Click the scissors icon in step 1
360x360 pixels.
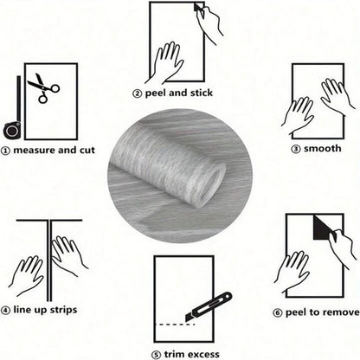click(43, 88)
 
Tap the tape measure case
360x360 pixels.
click(12, 130)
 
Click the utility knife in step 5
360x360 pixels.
click(209, 306)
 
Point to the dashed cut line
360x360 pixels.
click(176, 325)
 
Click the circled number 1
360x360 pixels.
click(5, 151)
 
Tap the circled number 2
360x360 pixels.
click(137, 93)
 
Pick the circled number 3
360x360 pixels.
click(296, 149)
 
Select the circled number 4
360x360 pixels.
click(5, 311)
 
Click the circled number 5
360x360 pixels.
click(156, 355)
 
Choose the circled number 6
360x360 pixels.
click(278, 313)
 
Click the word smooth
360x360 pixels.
click(323, 149)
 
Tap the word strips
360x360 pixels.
click(63, 311)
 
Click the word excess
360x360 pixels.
click(202, 355)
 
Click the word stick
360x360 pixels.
click(202, 93)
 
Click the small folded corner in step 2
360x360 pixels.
click(198, 8)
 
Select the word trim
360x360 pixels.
click(173, 354)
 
